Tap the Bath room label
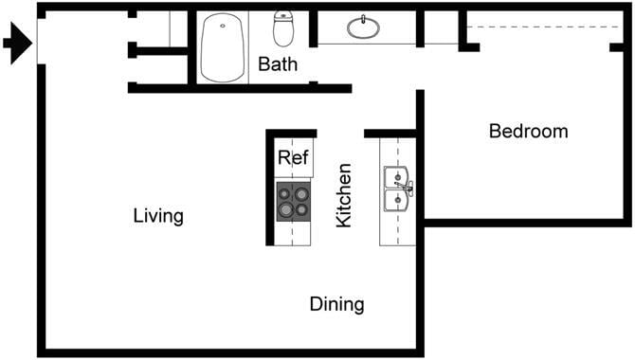point(278,65)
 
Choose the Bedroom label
point(528,132)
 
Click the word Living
point(158,216)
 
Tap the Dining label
point(336,304)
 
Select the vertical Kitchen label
point(345,195)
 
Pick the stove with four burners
point(293,201)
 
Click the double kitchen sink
point(395,188)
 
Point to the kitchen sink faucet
point(408,188)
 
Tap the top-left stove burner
point(283,193)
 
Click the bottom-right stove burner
point(301,209)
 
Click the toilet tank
point(284,16)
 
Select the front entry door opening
point(40,44)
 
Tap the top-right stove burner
point(301,193)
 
